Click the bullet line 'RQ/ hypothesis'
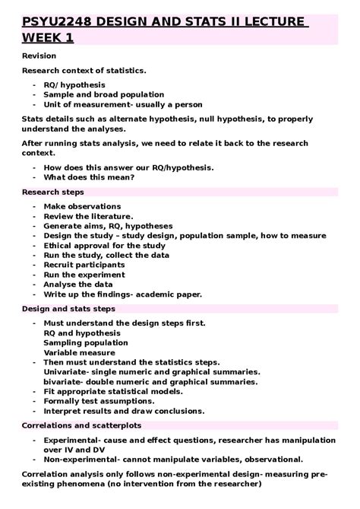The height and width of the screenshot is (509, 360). click(74, 84)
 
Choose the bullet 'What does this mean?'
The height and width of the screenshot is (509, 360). click(89, 177)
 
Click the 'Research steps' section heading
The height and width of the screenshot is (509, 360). click(52, 192)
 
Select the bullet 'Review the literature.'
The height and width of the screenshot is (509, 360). click(88, 217)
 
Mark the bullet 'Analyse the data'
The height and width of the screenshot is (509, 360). click(80, 285)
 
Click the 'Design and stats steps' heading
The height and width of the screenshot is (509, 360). click(68, 309)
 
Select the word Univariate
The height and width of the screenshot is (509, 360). click(68, 372)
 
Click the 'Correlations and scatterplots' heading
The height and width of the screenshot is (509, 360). click(81, 425)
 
